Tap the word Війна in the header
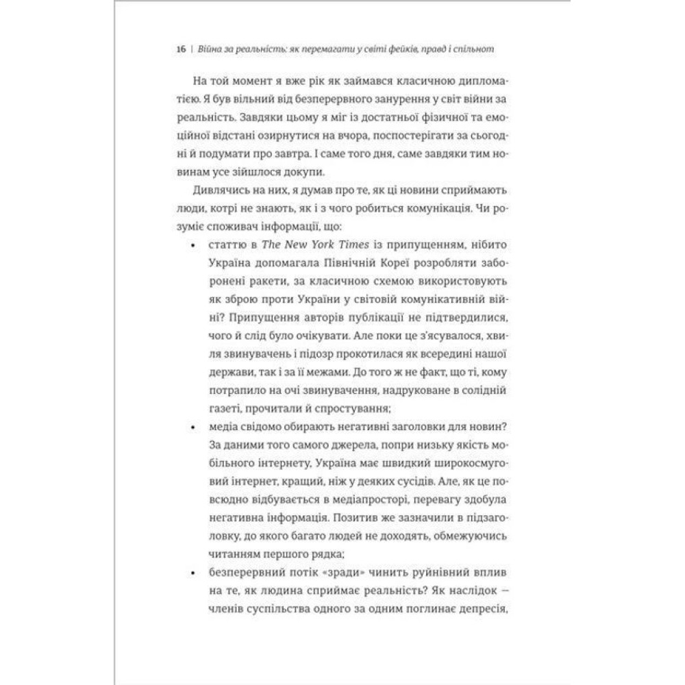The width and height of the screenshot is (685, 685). point(210,51)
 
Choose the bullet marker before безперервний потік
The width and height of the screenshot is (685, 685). point(197,571)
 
